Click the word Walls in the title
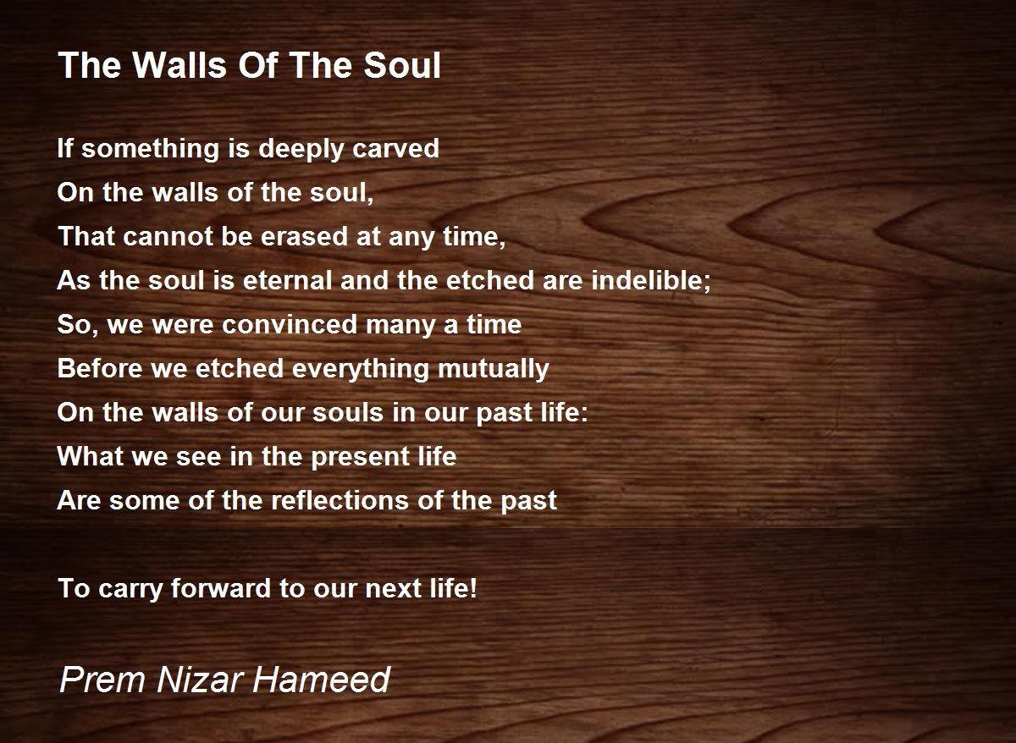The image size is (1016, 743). coord(179,65)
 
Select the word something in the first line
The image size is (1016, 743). coord(150,149)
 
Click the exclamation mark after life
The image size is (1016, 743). coord(473,588)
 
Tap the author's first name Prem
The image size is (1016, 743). coord(102,680)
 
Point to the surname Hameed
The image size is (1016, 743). coord(322,680)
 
